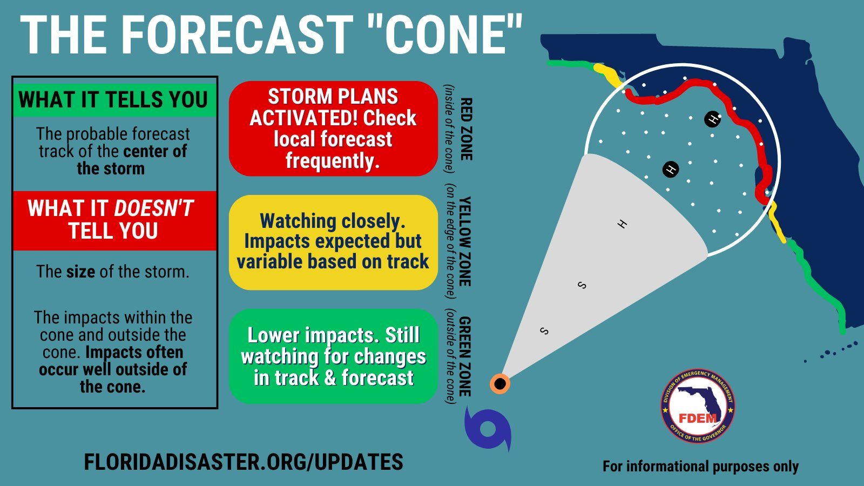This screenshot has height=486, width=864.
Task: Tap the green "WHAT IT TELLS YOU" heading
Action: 113,99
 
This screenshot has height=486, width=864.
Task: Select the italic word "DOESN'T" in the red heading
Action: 153,208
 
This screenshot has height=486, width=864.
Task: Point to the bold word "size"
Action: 80,272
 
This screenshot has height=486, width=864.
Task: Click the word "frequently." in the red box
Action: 333,160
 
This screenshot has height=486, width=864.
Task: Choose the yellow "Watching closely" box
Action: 333,242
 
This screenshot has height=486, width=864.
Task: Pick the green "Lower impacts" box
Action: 333,356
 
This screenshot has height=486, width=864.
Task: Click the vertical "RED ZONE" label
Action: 467,129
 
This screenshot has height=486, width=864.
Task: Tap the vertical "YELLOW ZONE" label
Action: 465,241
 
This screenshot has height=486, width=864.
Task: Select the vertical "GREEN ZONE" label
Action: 465,356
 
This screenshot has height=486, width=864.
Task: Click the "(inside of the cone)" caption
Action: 449,129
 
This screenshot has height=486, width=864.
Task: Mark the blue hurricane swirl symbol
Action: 488,429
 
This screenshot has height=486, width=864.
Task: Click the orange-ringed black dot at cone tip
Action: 500,384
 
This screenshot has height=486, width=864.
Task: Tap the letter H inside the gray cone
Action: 622,224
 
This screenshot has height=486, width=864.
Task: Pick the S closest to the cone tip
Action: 544,331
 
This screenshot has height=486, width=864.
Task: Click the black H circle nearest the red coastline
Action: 712,119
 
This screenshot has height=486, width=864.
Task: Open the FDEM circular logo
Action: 698,406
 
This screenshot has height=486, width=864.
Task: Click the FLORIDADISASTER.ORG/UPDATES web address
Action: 244,462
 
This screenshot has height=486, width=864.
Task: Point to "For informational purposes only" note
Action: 700,467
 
